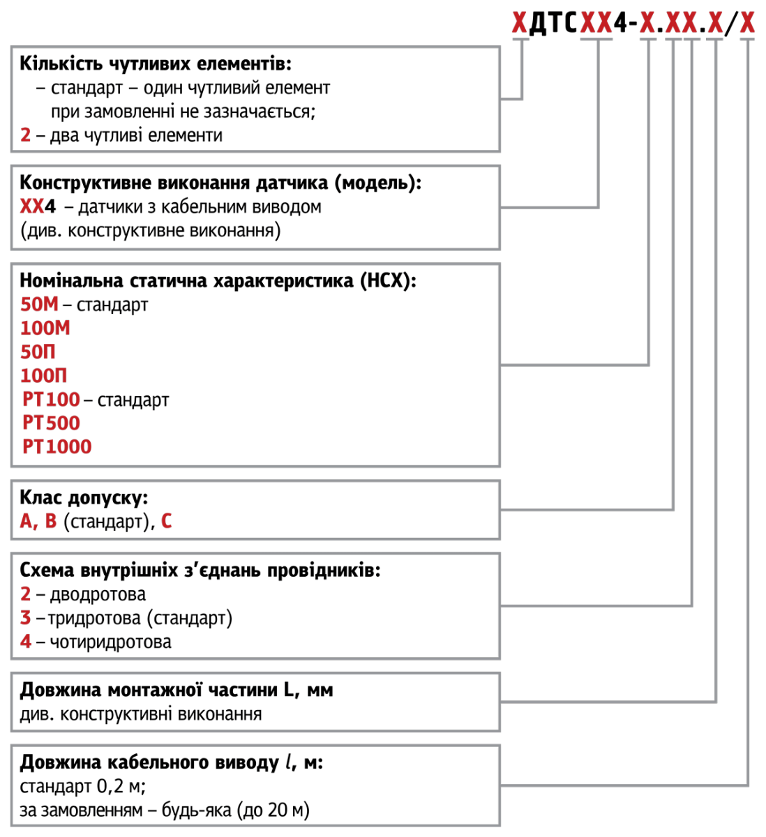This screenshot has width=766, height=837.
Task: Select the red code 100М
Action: (45, 329)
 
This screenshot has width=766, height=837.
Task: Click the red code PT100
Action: (51, 400)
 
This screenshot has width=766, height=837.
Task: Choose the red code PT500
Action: (51, 423)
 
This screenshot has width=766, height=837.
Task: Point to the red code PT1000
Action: (57, 447)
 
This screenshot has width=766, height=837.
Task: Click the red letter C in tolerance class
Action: (167, 522)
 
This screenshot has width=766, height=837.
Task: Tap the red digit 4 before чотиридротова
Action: (26, 642)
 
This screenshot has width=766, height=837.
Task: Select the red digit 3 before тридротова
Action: (26, 618)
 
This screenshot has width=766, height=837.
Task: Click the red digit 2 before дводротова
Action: (26, 594)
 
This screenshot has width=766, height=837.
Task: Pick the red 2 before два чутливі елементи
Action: (26, 135)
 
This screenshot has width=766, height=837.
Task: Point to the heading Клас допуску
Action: (84, 498)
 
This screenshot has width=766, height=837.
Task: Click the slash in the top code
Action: (730, 25)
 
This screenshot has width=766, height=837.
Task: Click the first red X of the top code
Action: (519, 25)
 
